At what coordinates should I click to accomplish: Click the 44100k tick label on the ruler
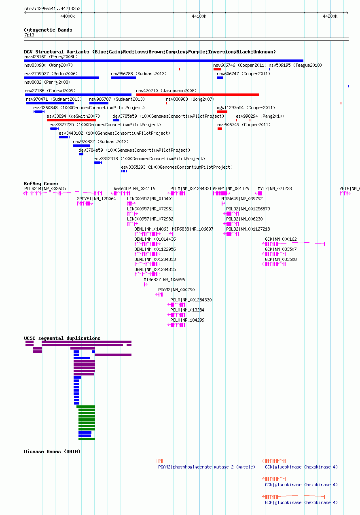[x=199, y=16]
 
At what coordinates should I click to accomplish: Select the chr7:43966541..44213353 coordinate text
[x=53, y=8]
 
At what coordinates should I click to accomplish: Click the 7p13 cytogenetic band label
[x=29, y=35]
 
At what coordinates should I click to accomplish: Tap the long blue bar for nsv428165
[x=163, y=61]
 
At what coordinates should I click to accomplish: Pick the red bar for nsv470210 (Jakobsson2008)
[x=198, y=95]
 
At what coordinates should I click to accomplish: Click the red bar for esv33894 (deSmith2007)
[x=71, y=120]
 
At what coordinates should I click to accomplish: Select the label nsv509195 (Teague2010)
[x=295, y=65]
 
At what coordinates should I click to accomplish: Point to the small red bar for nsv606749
[x=220, y=129]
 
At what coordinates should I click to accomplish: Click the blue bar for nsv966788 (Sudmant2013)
[x=123, y=78]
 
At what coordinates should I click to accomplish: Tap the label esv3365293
[x=133, y=167]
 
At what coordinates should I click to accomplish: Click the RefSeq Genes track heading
[x=41, y=184]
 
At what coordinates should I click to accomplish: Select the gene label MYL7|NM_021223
[x=275, y=189]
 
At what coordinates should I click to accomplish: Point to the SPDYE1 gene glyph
[x=85, y=203]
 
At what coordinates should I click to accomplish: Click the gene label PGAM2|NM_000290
[x=176, y=290]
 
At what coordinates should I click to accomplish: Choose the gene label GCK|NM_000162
[x=281, y=239]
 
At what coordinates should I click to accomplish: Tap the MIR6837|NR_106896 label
[x=164, y=280]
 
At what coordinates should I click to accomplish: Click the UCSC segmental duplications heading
[x=62, y=338]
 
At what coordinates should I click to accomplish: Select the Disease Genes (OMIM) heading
[x=52, y=451]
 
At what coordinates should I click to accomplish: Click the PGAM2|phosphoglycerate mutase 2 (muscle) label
[x=206, y=467]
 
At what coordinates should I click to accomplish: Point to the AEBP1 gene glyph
[x=221, y=193]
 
